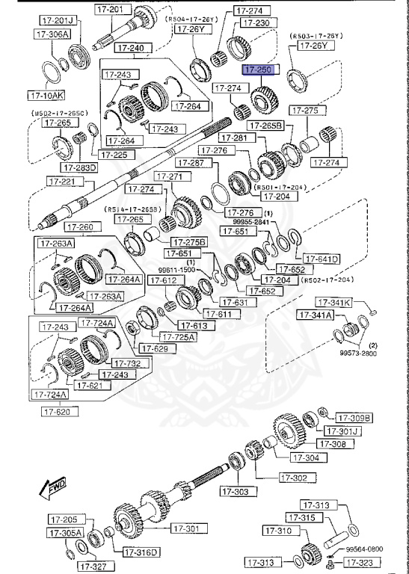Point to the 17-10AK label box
click(46, 96)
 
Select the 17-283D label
click(80, 167)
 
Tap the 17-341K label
click(333, 303)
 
